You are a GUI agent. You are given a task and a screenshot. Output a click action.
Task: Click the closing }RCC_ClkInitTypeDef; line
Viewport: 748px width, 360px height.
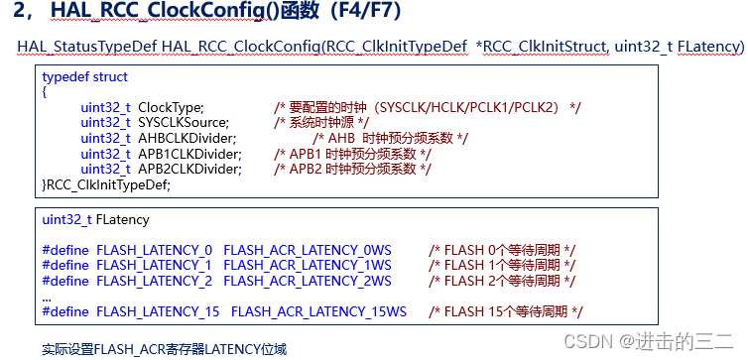pyautogui.click(x=106, y=184)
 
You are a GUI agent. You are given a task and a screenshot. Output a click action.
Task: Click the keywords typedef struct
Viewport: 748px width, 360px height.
pyautogui.click(x=85, y=76)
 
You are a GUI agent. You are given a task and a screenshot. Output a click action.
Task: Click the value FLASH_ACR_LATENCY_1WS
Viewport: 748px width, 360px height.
pyautogui.click(x=308, y=265)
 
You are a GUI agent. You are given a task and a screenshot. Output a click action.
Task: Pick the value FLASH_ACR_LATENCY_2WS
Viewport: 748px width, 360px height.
pyautogui.click(x=308, y=281)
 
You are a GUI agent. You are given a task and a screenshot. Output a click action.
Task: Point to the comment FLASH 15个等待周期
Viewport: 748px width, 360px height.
pyautogui.click(x=499, y=311)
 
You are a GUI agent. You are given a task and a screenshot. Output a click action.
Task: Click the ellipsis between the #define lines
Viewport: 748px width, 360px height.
pyautogui.click(x=47, y=297)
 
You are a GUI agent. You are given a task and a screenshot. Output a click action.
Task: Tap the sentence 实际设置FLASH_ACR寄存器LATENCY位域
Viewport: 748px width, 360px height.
pyautogui.click(x=165, y=348)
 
